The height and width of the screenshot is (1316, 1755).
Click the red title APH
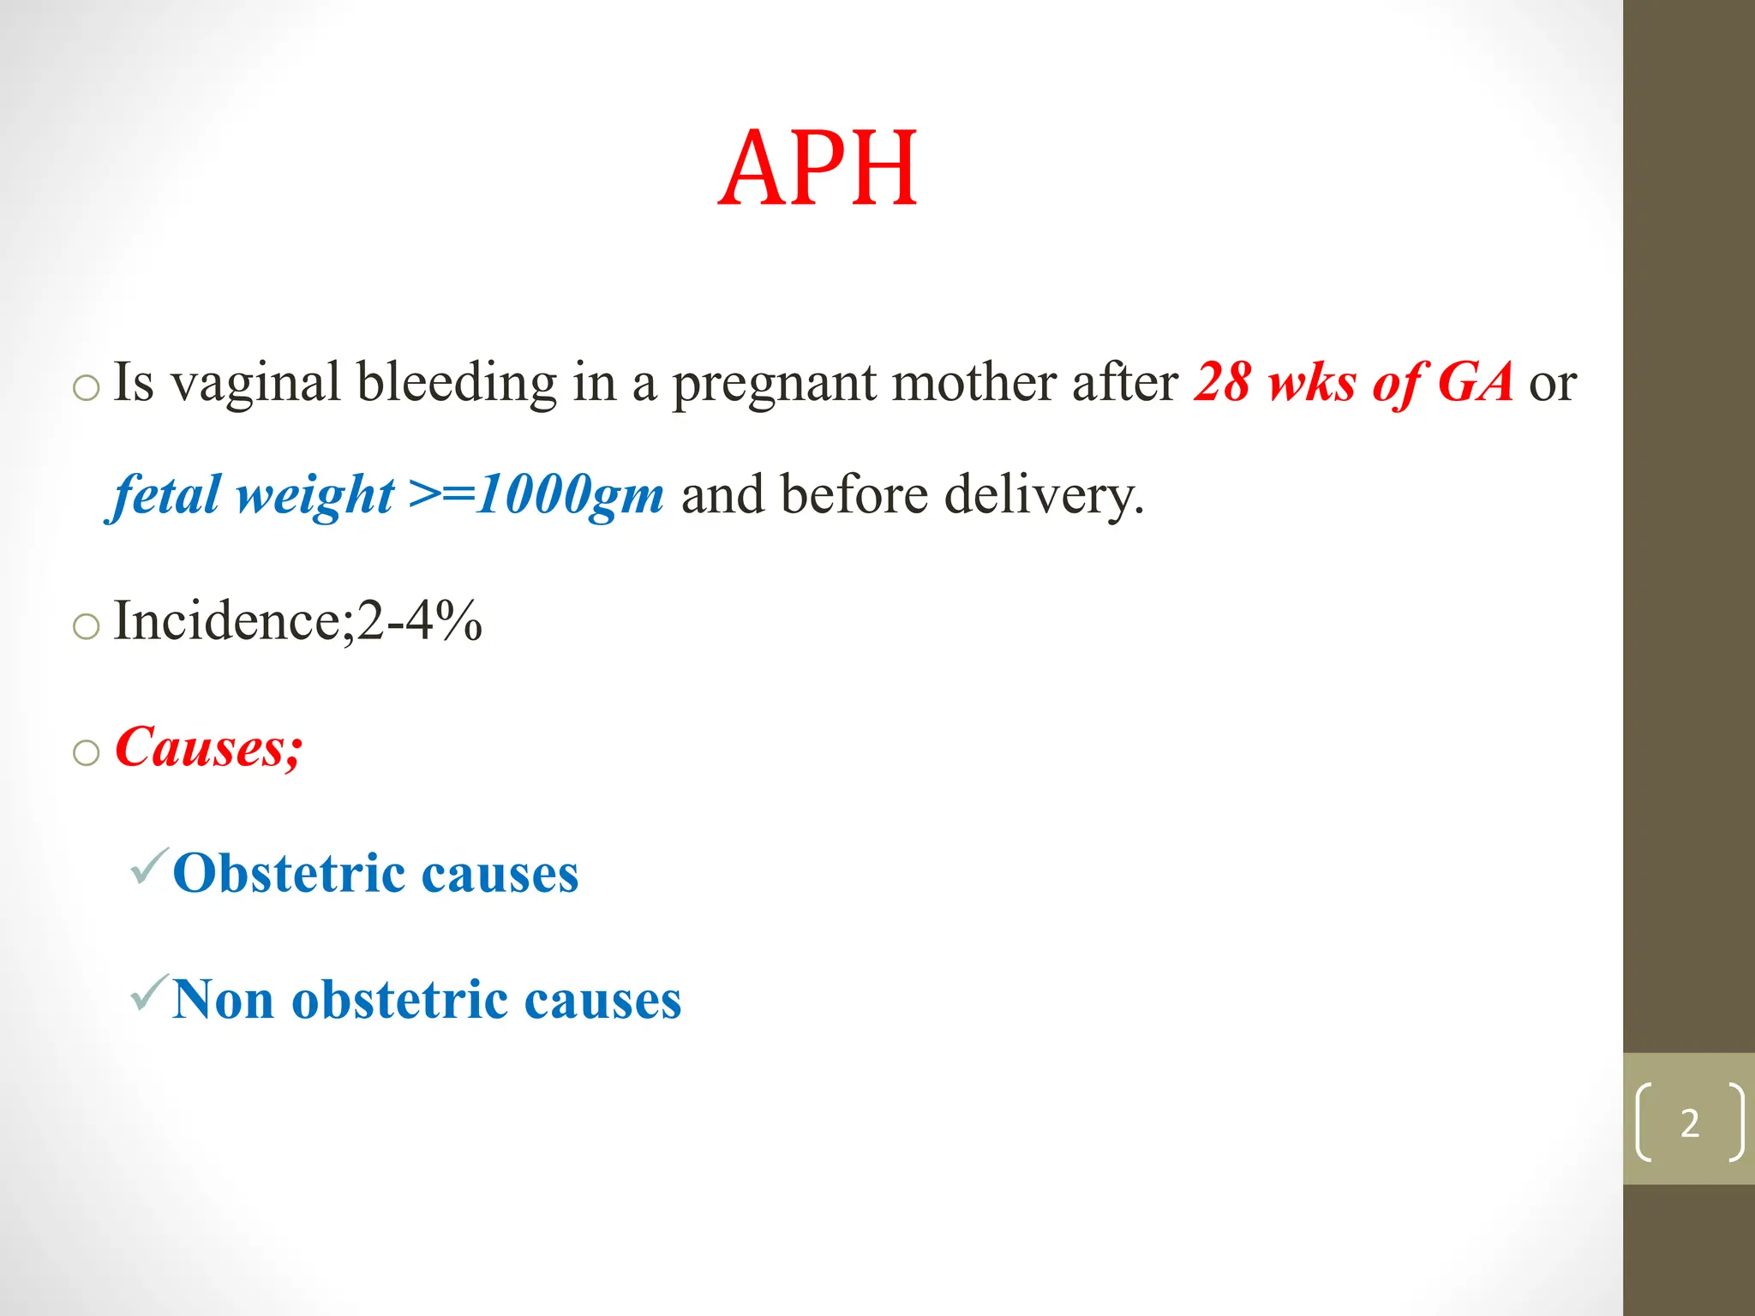pos(818,168)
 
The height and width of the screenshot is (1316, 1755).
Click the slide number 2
pos(1689,1123)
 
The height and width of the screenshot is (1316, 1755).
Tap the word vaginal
pos(255,383)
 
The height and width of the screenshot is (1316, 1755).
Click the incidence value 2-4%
pos(419,620)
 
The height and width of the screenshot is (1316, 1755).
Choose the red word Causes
pos(206,746)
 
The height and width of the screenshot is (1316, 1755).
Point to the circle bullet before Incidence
pos(86,626)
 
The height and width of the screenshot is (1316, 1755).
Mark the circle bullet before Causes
pos(86,752)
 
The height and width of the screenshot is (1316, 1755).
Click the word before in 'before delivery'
pos(854,494)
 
